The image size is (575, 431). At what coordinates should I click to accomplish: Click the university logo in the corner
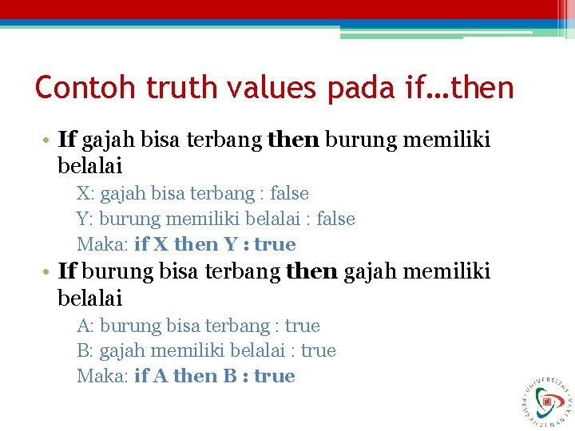[x=547, y=397]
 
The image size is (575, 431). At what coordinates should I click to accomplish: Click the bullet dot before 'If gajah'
[x=47, y=141]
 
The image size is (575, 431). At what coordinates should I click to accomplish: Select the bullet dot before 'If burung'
[x=47, y=273]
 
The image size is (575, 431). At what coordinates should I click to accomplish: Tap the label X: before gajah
[x=86, y=194]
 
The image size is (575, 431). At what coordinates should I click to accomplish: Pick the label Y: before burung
[x=86, y=219]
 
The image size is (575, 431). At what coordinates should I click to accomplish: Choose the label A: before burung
[x=86, y=326]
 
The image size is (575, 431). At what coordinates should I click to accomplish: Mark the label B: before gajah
[x=86, y=351]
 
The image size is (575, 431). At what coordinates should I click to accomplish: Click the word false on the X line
[x=289, y=194]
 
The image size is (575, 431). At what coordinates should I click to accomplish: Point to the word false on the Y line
[x=335, y=219]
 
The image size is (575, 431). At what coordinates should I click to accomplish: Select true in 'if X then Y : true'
[x=275, y=244]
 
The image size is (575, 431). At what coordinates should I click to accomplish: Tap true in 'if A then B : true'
[x=275, y=377]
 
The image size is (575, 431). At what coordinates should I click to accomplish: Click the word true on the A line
[x=302, y=326]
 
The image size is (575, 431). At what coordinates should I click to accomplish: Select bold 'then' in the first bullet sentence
[x=293, y=140]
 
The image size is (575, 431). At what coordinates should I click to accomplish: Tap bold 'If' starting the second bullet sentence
[x=67, y=272]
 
